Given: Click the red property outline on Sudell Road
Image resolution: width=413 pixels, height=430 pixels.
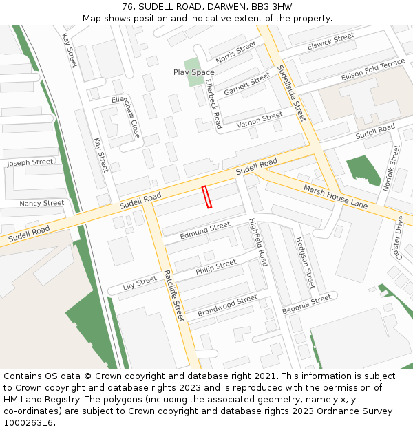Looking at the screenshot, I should pyautogui.click(x=206, y=197).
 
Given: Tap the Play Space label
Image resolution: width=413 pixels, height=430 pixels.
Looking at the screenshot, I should pyautogui.click(x=193, y=72).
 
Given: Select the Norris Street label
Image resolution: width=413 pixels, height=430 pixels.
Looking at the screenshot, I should pyautogui.click(x=235, y=52).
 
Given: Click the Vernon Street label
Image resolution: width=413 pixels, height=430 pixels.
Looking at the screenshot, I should pyautogui.click(x=260, y=120).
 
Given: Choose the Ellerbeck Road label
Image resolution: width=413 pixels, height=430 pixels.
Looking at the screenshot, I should pyautogui.click(x=213, y=104).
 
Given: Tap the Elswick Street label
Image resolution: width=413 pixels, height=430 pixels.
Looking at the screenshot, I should pyautogui.click(x=331, y=43).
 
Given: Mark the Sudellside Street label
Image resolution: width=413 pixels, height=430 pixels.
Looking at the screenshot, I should pyautogui.click(x=291, y=94).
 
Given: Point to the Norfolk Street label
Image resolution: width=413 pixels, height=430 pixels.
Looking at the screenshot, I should pyautogui.click(x=392, y=168).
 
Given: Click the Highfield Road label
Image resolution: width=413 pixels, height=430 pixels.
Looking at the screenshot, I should pyautogui.click(x=257, y=242).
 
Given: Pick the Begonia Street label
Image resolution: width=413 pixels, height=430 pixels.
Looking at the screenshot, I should pyautogui.click(x=306, y=303).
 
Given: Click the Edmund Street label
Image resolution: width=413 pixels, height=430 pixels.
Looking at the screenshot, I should pyautogui.click(x=204, y=231).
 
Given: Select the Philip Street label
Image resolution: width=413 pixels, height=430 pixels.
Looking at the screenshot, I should pyautogui.click(x=215, y=266).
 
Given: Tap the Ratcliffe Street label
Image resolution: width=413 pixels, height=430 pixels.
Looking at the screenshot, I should pyautogui.click(x=174, y=296).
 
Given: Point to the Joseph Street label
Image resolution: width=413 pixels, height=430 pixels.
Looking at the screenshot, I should pyautogui.click(x=30, y=162).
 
